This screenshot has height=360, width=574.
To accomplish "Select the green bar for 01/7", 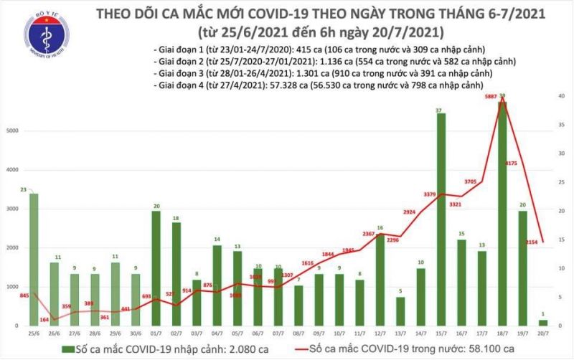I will click(x=156, y=268).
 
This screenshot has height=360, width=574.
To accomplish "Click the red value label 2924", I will click(x=409, y=212).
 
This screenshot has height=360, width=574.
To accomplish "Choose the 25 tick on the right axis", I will click(x=564, y=181).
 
